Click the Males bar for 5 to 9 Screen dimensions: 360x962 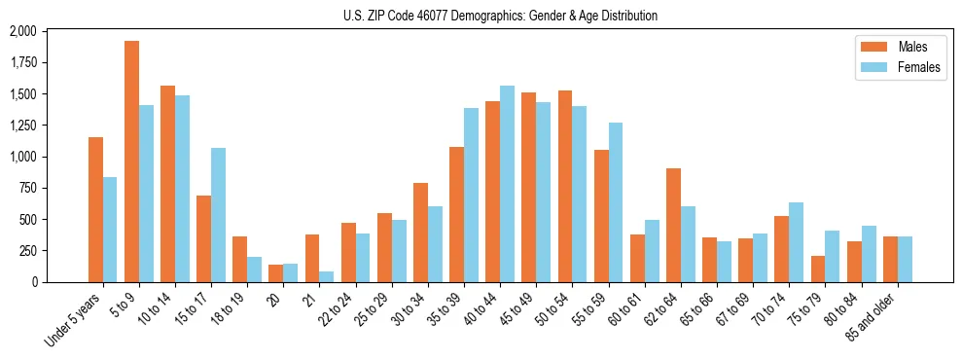pos(131,162)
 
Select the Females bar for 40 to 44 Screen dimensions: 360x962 pos(507,184)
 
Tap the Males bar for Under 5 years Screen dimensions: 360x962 pos(95,209)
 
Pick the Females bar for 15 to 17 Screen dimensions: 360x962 pos(218,215)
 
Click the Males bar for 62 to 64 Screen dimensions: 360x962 pos(673,225)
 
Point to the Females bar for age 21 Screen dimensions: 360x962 pos(326,276)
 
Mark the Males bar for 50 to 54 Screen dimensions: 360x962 pos(565,186)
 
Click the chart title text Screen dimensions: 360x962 pos(500,16)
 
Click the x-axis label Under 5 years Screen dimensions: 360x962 pos(73,320)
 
